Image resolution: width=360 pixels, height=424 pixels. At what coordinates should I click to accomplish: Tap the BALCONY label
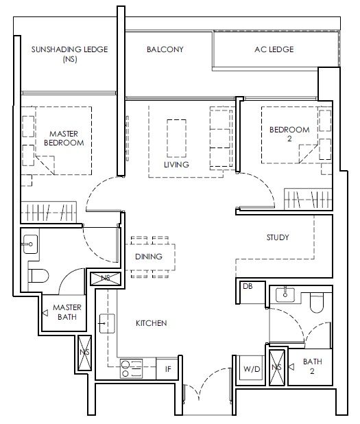[x=165, y=49]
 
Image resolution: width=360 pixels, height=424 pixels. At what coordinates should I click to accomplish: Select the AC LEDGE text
[x=274, y=49]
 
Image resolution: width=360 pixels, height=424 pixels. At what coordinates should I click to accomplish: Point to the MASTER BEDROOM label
[x=64, y=138]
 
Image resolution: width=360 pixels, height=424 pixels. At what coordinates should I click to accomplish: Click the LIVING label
[x=176, y=165]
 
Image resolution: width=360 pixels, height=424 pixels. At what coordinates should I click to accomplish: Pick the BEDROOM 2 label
[x=289, y=134]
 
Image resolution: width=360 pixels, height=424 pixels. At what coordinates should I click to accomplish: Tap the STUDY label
[x=278, y=237]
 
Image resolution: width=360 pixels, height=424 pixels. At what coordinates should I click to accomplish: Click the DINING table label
[x=149, y=257]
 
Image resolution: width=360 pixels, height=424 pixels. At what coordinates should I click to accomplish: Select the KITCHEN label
[x=152, y=323]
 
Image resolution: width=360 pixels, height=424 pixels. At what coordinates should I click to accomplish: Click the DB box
[x=251, y=292]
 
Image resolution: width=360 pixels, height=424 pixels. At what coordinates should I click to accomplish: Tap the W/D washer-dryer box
[x=252, y=368]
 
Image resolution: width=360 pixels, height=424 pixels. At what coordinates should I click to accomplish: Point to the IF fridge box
[x=167, y=369]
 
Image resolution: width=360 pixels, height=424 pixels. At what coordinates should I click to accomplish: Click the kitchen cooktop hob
[x=132, y=368]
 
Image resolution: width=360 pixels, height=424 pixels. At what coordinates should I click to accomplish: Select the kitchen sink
[x=107, y=323]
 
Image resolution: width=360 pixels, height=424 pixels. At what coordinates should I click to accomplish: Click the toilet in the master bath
[x=38, y=276]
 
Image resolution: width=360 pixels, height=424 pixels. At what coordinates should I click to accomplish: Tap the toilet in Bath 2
[x=317, y=303]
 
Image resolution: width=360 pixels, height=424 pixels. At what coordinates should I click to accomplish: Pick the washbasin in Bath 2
[x=285, y=295]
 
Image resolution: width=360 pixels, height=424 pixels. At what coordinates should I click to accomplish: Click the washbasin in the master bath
[x=30, y=244]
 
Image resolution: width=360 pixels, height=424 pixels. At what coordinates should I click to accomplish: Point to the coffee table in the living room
[x=176, y=139]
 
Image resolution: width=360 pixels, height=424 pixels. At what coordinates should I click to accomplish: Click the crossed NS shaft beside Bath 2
[x=277, y=367]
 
